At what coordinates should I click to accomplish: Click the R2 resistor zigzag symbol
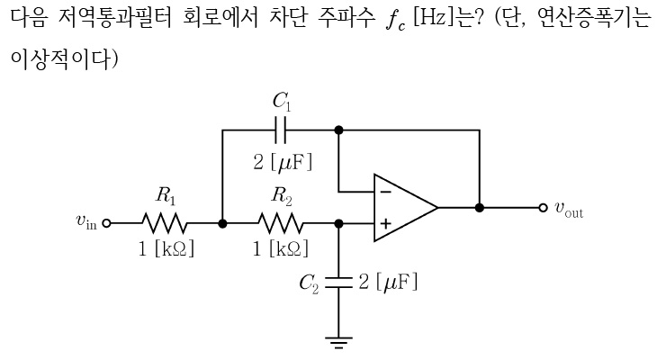(280, 222)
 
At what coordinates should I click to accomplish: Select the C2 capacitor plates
(339, 282)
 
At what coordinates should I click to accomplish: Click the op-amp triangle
(403, 207)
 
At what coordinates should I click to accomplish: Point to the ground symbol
(339, 342)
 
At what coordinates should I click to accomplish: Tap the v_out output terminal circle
(543, 207)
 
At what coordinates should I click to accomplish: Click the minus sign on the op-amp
(386, 191)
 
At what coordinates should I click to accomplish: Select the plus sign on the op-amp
(386, 223)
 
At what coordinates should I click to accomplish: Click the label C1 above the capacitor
(282, 100)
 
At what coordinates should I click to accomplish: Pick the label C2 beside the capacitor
(310, 284)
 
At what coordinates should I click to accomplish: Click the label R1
(165, 193)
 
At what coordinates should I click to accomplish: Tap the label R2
(280, 193)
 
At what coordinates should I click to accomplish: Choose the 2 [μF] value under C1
(282, 163)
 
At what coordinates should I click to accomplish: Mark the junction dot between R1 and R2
(222, 222)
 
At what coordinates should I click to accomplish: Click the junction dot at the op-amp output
(480, 207)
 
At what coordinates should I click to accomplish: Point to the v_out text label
(569, 210)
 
